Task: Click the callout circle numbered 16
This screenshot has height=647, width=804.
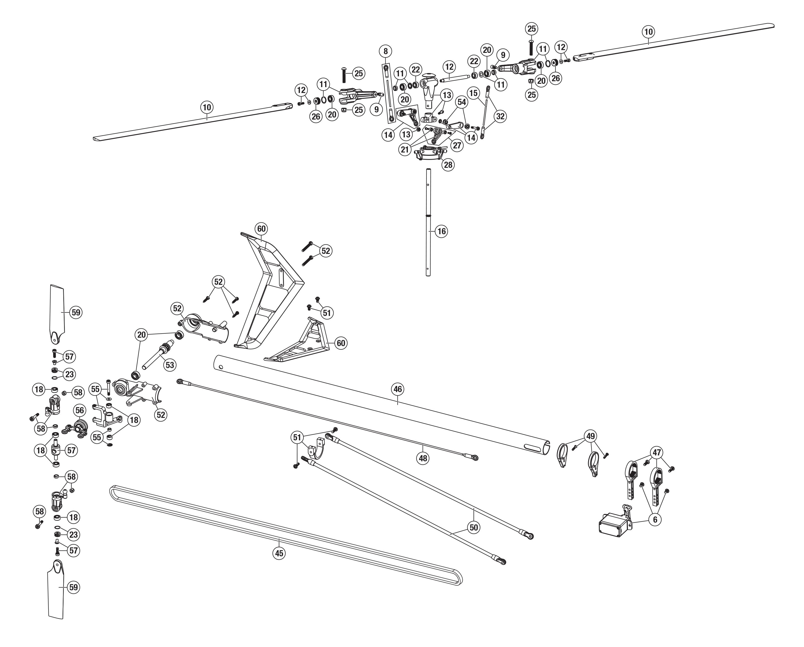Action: [442, 231]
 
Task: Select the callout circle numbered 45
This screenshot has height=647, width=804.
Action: [279, 553]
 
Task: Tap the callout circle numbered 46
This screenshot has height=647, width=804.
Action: [398, 389]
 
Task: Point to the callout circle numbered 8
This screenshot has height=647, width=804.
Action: [386, 51]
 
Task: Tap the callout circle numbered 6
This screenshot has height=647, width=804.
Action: [655, 519]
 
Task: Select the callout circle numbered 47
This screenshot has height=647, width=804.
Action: [657, 453]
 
